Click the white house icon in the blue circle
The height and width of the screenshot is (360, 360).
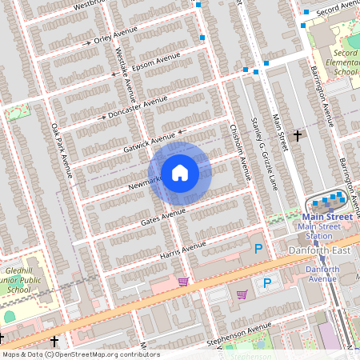pyautogui.click(x=179, y=173)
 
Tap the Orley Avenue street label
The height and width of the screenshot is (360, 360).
pyautogui.click(x=116, y=37)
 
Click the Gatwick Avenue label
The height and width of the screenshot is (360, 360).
pyautogui.click(x=150, y=141)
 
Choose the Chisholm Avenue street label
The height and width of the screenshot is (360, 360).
pyautogui.click(x=240, y=153)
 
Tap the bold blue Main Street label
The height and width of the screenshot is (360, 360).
pyautogui.click(x=326, y=217)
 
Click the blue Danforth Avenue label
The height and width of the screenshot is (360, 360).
pyautogui.click(x=322, y=274)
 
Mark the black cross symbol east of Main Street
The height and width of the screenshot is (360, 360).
pyautogui.click(x=298, y=136)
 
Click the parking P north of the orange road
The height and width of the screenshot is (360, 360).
pyautogui.click(x=258, y=250)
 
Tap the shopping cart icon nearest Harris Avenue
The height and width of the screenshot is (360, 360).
pyautogui.click(x=183, y=282)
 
